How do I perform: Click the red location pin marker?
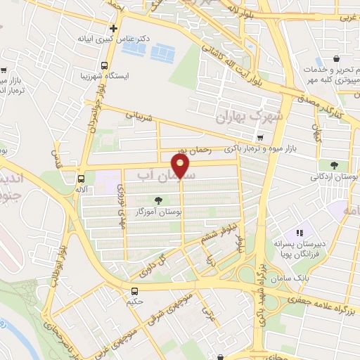point(182,166)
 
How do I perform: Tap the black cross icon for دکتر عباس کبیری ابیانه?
point(113,29)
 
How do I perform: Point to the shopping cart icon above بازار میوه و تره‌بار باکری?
point(260,136)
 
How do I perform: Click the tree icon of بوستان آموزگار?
point(166,200)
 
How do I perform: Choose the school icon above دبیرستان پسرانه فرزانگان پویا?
point(298,233)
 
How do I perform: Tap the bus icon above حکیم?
point(134,291)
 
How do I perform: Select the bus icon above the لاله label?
point(82,179)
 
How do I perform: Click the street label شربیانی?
point(139,117)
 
